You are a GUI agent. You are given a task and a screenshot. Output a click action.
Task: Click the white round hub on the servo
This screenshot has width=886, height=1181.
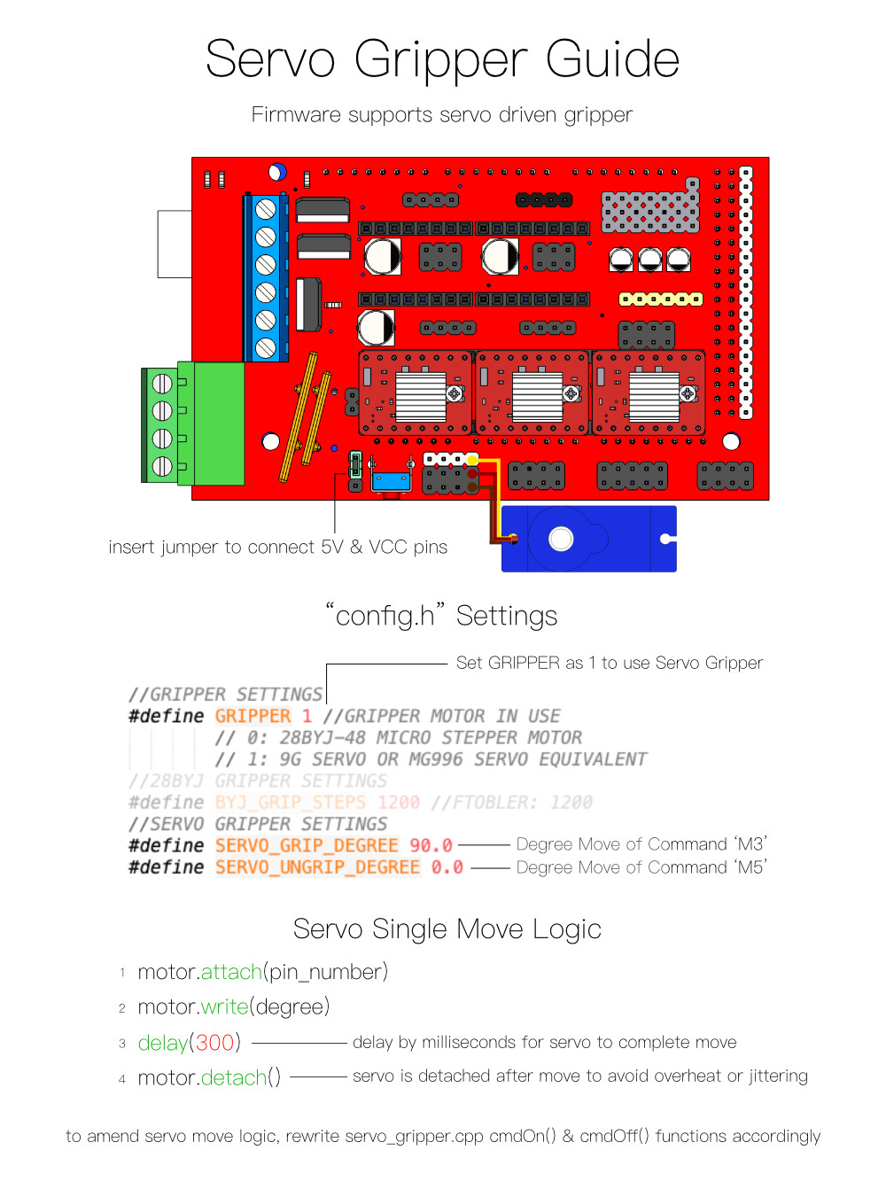pyautogui.click(x=561, y=539)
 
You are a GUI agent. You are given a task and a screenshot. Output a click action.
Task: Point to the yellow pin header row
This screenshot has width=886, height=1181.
pyautogui.click(x=660, y=299)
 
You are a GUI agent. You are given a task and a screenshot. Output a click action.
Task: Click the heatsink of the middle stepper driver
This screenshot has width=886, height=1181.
pyautogui.click(x=537, y=396)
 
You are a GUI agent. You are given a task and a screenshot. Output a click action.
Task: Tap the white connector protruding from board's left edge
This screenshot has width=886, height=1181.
pyautogui.click(x=175, y=244)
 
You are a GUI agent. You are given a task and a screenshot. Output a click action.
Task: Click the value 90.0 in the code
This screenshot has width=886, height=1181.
pyautogui.click(x=431, y=845)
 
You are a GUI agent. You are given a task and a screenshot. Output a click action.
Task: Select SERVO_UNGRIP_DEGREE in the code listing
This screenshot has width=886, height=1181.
pyautogui.click(x=317, y=867)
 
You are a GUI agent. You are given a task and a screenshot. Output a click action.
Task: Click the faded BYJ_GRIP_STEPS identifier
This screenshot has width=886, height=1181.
pyautogui.click(x=290, y=803)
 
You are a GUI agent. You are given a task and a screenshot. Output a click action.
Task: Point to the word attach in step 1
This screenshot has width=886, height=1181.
pyautogui.click(x=231, y=972)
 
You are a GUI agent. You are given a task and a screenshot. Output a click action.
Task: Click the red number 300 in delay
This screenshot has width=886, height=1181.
pyautogui.click(x=214, y=1043)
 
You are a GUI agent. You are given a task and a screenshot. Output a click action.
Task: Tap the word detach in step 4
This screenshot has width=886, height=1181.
pyautogui.click(x=233, y=1078)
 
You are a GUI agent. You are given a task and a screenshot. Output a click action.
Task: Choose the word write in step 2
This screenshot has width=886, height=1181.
pyautogui.click(x=224, y=1007)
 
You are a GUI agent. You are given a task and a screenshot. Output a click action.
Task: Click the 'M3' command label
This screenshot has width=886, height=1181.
pyautogui.click(x=750, y=844)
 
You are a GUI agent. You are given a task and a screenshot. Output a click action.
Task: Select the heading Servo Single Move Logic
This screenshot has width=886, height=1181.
pyautogui.click(x=447, y=929)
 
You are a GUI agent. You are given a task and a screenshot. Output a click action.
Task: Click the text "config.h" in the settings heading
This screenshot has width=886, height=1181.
pyautogui.click(x=385, y=615)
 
